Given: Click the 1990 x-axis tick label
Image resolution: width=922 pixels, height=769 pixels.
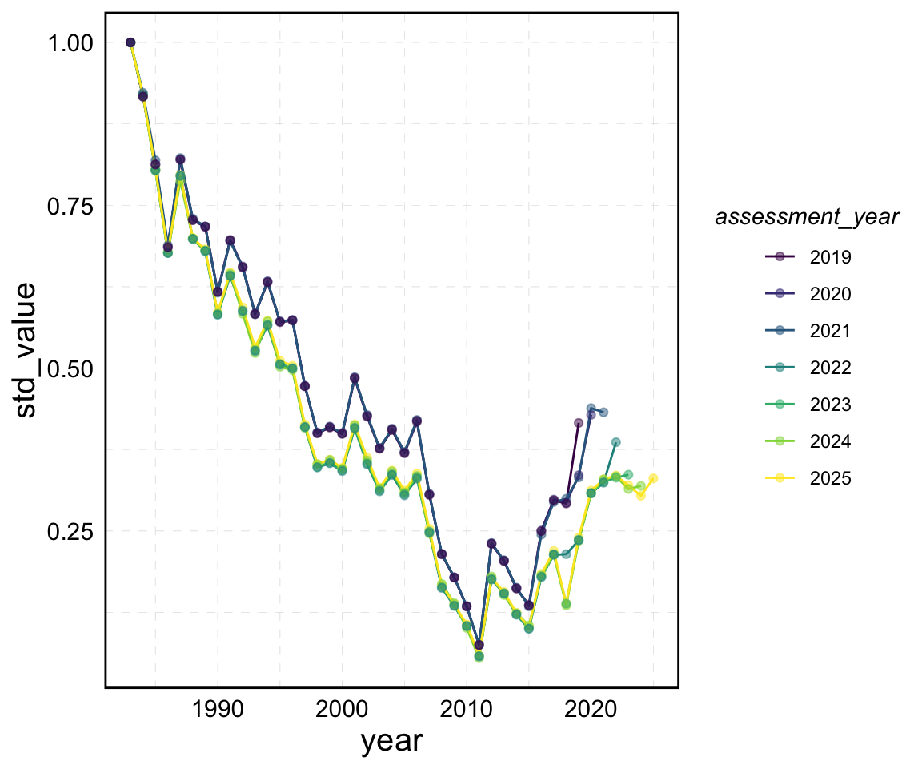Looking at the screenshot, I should [x=218, y=710].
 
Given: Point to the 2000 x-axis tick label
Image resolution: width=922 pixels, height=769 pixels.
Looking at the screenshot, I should [x=343, y=710].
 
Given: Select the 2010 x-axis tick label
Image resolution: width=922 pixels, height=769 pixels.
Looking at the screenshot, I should [x=467, y=710].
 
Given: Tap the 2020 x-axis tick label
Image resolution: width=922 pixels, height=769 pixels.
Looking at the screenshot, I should [x=591, y=710].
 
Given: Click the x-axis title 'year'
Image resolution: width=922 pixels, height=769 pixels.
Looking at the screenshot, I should [x=391, y=741].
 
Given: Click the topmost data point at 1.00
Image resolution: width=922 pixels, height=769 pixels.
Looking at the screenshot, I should [x=130, y=42].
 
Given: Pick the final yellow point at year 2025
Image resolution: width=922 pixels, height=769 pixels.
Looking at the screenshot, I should [x=653, y=478].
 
